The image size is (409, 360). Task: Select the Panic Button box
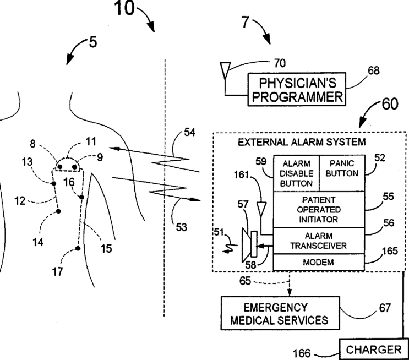[x=341, y=173]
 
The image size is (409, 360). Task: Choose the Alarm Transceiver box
[x=318, y=241]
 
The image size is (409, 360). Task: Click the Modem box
[x=318, y=263]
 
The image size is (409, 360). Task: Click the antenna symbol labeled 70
[x=224, y=69]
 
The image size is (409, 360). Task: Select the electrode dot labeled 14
[x=58, y=211]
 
